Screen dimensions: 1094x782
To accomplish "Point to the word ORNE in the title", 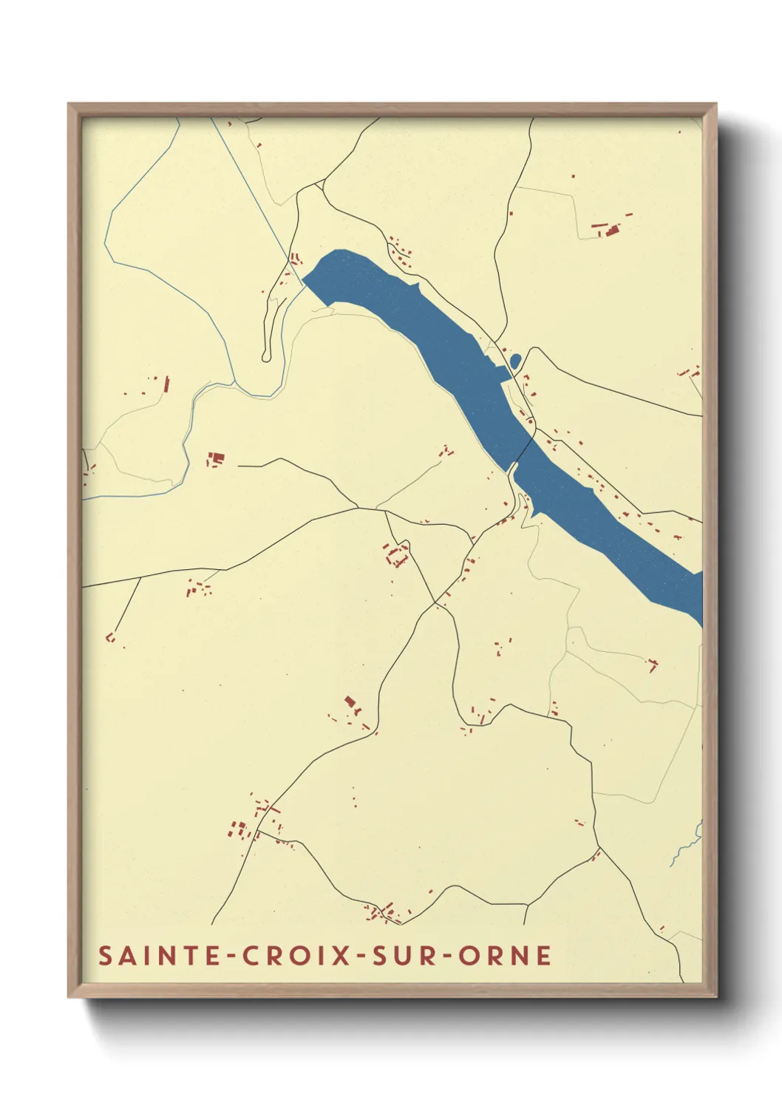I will pos(505,956).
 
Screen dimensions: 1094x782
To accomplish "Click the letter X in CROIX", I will pos(340,956).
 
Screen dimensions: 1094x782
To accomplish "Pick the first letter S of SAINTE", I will pos(106,956).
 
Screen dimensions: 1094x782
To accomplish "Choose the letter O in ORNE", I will pos(469,956).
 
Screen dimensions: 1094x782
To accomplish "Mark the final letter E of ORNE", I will pos(543,956).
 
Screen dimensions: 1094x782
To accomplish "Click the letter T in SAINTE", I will pos(191,956).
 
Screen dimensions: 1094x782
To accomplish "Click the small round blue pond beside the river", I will pos(515,361).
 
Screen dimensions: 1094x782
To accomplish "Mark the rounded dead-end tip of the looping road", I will pos(266,358).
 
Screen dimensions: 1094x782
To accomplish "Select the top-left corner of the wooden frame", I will pos(69,105).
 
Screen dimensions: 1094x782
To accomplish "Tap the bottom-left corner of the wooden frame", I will pos(69,996).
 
